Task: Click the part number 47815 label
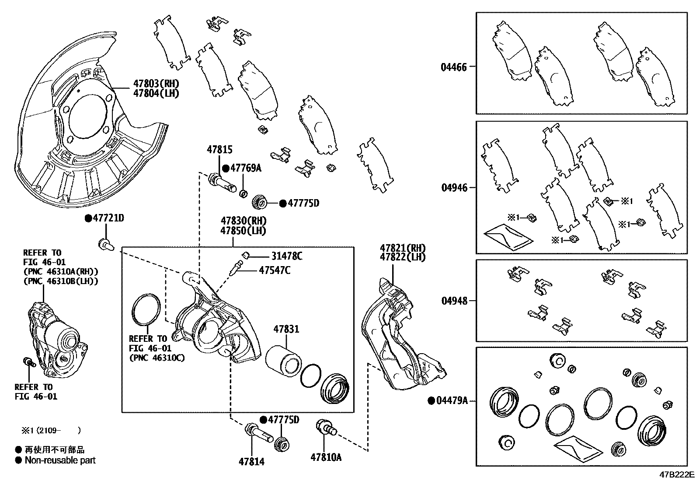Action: [219, 150]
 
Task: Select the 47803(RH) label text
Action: [156, 84]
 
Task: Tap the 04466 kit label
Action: [453, 67]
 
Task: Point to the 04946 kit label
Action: [454, 188]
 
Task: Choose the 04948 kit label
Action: [454, 301]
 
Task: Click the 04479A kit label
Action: [452, 400]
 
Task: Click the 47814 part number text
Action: [251, 461]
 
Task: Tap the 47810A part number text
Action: [326, 457]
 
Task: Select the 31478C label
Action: [286, 256]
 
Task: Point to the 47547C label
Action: [274, 270]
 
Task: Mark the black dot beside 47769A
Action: [226, 168]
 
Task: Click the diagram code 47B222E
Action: [676, 474]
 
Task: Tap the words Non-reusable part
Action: [60, 460]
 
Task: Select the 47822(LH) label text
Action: [402, 257]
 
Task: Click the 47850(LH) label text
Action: [243, 230]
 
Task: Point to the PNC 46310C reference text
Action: [157, 358]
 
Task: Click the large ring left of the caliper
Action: [146, 310]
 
